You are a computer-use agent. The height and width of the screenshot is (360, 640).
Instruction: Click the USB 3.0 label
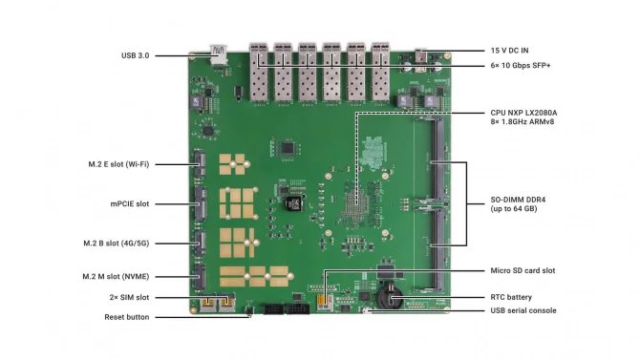click(x=135, y=55)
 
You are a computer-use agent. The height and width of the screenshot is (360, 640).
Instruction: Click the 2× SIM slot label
click(x=131, y=297)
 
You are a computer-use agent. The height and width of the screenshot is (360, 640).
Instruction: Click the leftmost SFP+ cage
click(x=259, y=72)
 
